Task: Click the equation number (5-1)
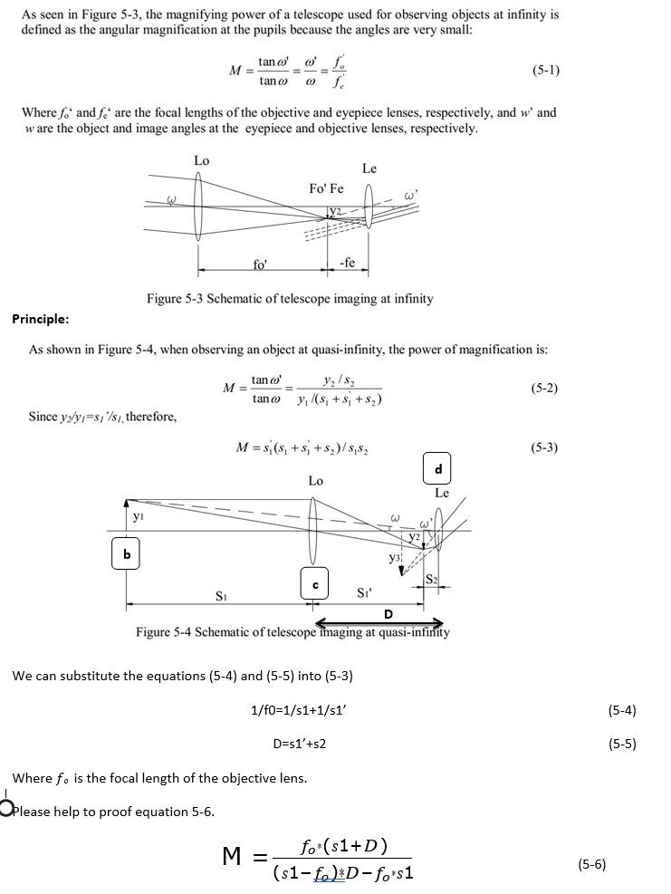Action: [x=545, y=70]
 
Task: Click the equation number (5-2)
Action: [x=543, y=388]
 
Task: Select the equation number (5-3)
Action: [x=543, y=447]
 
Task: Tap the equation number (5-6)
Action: [x=591, y=864]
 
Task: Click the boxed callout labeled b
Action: [x=127, y=553]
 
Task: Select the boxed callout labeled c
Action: [x=314, y=584]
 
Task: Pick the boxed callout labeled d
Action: [x=438, y=468]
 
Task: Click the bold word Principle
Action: [x=40, y=318]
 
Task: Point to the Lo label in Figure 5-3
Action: [x=201, y=160]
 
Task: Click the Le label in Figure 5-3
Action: [x=369, y=168]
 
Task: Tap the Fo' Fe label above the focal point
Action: [x=326, y=188]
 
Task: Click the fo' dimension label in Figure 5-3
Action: [x=260, y=264]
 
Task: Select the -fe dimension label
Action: [x=347, y=263]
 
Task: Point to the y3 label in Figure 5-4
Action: [x=395, y=558]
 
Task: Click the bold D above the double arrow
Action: [x=388, y=614]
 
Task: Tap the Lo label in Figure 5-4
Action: [x=315, y=480]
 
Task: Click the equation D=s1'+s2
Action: [x=299, y=744]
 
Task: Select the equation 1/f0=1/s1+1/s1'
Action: [x=299, y=710]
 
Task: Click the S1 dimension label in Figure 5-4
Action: [x=221, y=595]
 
